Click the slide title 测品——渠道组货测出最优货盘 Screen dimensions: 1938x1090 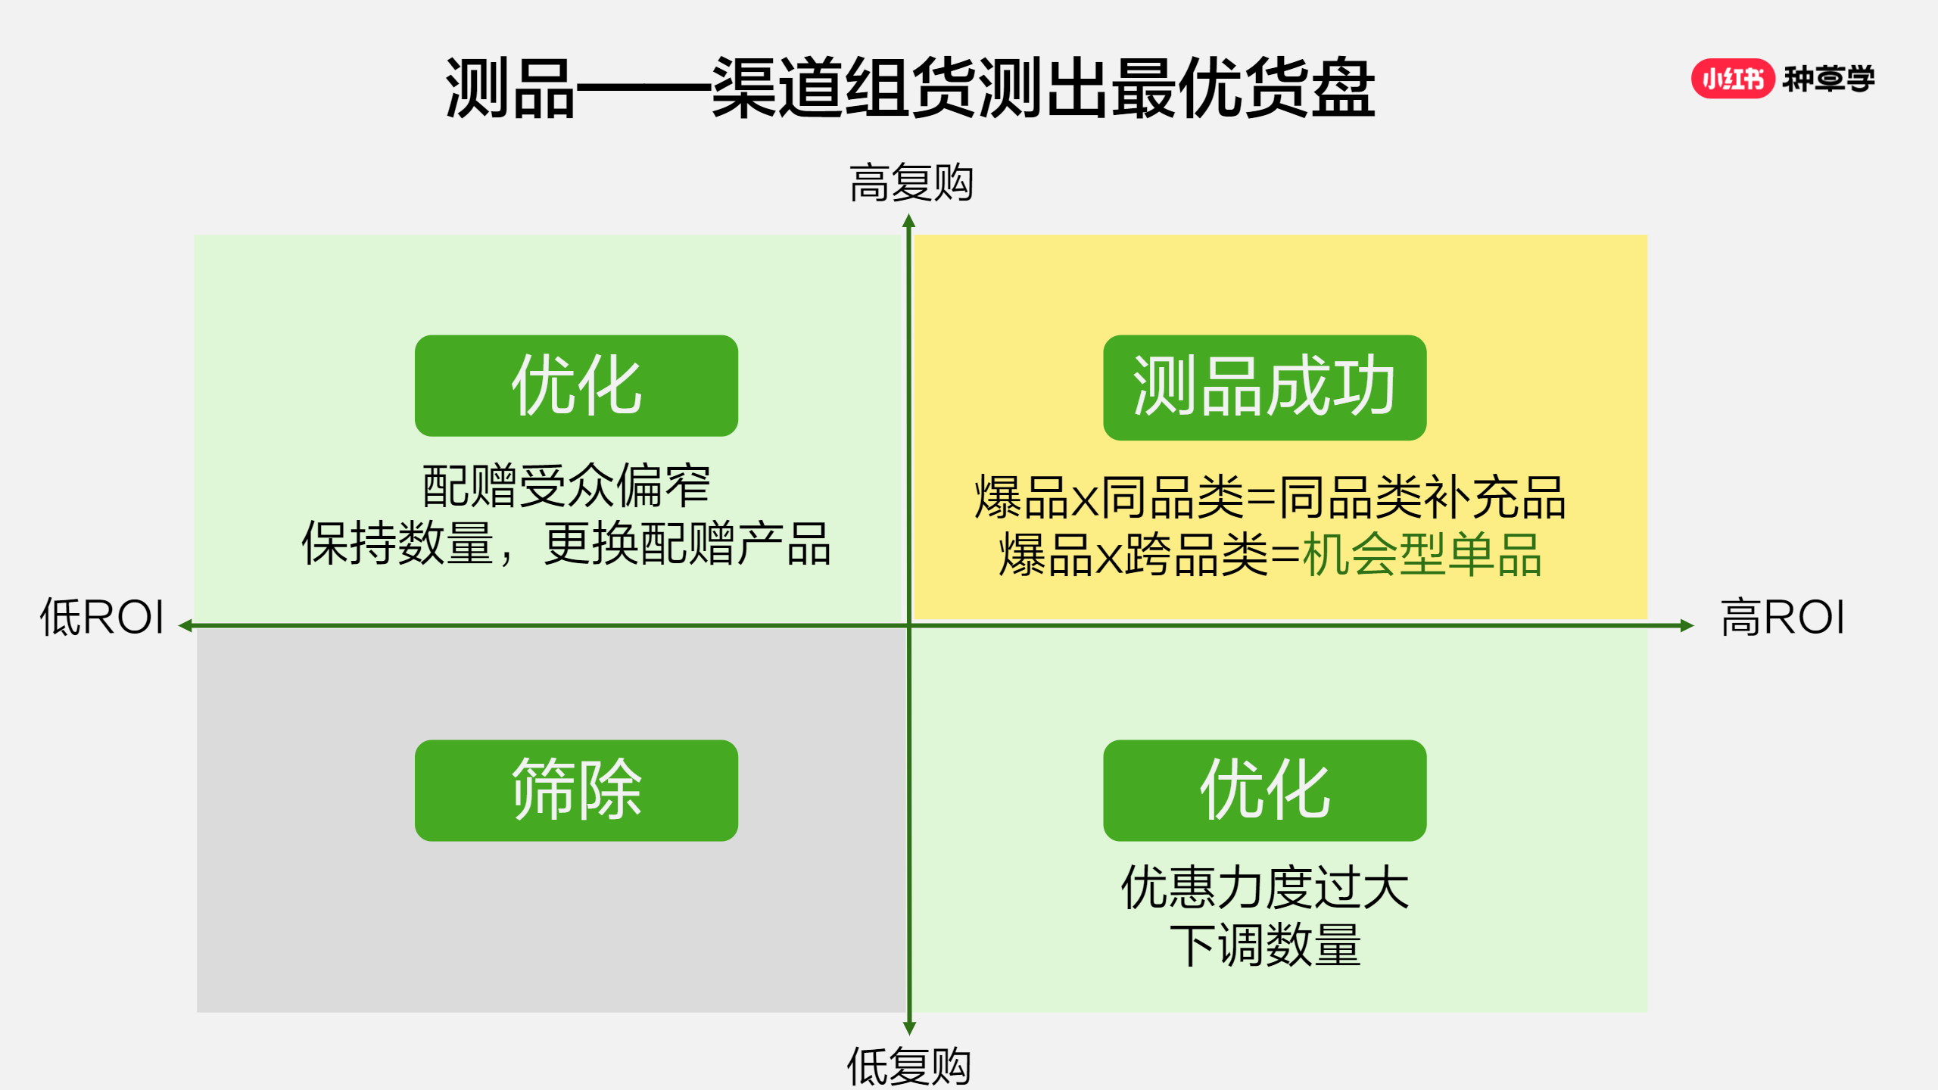point(910,88)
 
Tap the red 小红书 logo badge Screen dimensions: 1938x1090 point(1733,79)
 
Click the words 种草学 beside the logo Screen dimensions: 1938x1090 point(1828,79)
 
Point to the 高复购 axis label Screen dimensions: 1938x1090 point(911,183)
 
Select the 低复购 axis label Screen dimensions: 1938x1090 point(908,1066)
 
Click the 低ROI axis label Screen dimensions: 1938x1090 point(102,617)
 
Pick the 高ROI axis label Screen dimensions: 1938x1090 point(1783,617)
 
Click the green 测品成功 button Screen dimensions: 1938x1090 point(1265,387)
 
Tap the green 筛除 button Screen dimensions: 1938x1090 point(576,790)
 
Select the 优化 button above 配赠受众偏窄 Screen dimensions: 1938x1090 point(576,385)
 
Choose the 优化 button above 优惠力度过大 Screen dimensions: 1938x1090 point(1265,790)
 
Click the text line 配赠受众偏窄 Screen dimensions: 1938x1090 point(566,486)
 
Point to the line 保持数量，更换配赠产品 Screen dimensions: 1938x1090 point(566,543)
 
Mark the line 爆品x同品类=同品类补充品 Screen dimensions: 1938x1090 point(1270,498)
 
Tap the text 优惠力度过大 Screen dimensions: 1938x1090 point(1265,888)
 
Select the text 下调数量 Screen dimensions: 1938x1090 point(1265,945)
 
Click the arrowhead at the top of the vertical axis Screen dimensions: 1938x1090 point(909,220)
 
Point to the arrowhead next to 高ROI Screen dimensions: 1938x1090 point(1687,625)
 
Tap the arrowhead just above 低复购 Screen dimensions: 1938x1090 point(910,1028)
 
